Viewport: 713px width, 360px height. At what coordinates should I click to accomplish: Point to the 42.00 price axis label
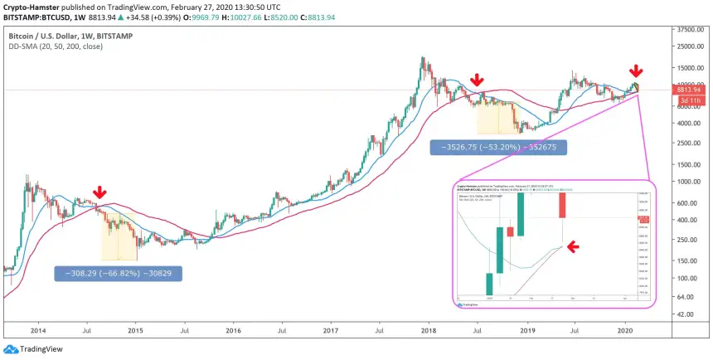pos(686,314)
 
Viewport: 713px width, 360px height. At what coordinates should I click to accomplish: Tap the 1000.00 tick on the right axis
pos(688,181)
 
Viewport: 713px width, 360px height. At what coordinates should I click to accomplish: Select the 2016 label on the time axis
pos(233,329)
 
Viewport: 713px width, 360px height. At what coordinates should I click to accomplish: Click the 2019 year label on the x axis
pos(527,329)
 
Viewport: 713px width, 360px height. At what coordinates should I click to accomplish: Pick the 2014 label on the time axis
pos(37,329)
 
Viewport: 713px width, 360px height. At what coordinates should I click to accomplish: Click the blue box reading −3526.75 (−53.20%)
pos(498,148)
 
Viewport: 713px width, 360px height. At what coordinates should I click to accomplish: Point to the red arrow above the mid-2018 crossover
pos(477,80)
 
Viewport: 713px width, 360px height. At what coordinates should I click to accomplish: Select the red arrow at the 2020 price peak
pos(636,71)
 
